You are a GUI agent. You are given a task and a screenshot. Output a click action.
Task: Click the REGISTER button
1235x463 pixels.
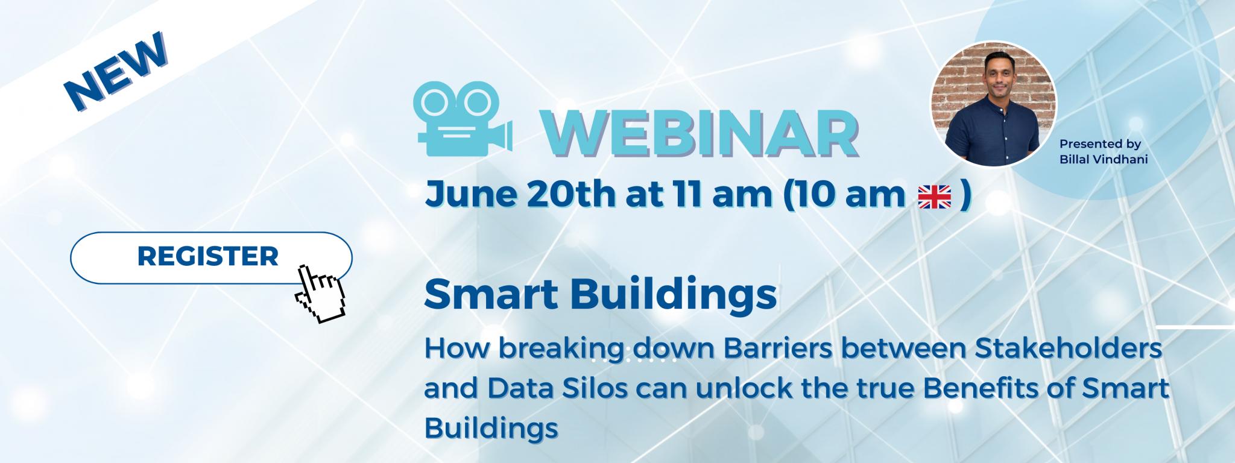click(211, 257)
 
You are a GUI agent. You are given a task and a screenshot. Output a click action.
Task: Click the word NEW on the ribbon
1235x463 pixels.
click(116, 71)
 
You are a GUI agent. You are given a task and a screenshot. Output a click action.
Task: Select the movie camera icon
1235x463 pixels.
click(463, 119)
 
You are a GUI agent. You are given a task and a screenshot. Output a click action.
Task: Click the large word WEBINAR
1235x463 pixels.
click(700, 134)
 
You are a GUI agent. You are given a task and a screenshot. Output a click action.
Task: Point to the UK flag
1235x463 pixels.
click(934, 197)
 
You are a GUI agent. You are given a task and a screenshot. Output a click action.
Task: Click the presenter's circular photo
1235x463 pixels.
click(993, 104)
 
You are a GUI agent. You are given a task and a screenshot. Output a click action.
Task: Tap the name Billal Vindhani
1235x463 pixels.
click(1104, 159)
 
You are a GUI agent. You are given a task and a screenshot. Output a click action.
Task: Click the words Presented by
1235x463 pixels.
click(1100, 144)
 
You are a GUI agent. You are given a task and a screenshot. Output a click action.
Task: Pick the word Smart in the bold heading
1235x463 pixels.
click(491, 294)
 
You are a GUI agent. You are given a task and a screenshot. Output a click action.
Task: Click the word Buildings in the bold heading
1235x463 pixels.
click(673, 295)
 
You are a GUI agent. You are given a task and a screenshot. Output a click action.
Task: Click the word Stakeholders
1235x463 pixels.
click(1068, 348)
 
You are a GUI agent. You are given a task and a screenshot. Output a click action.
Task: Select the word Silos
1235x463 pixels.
click(595, 388)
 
